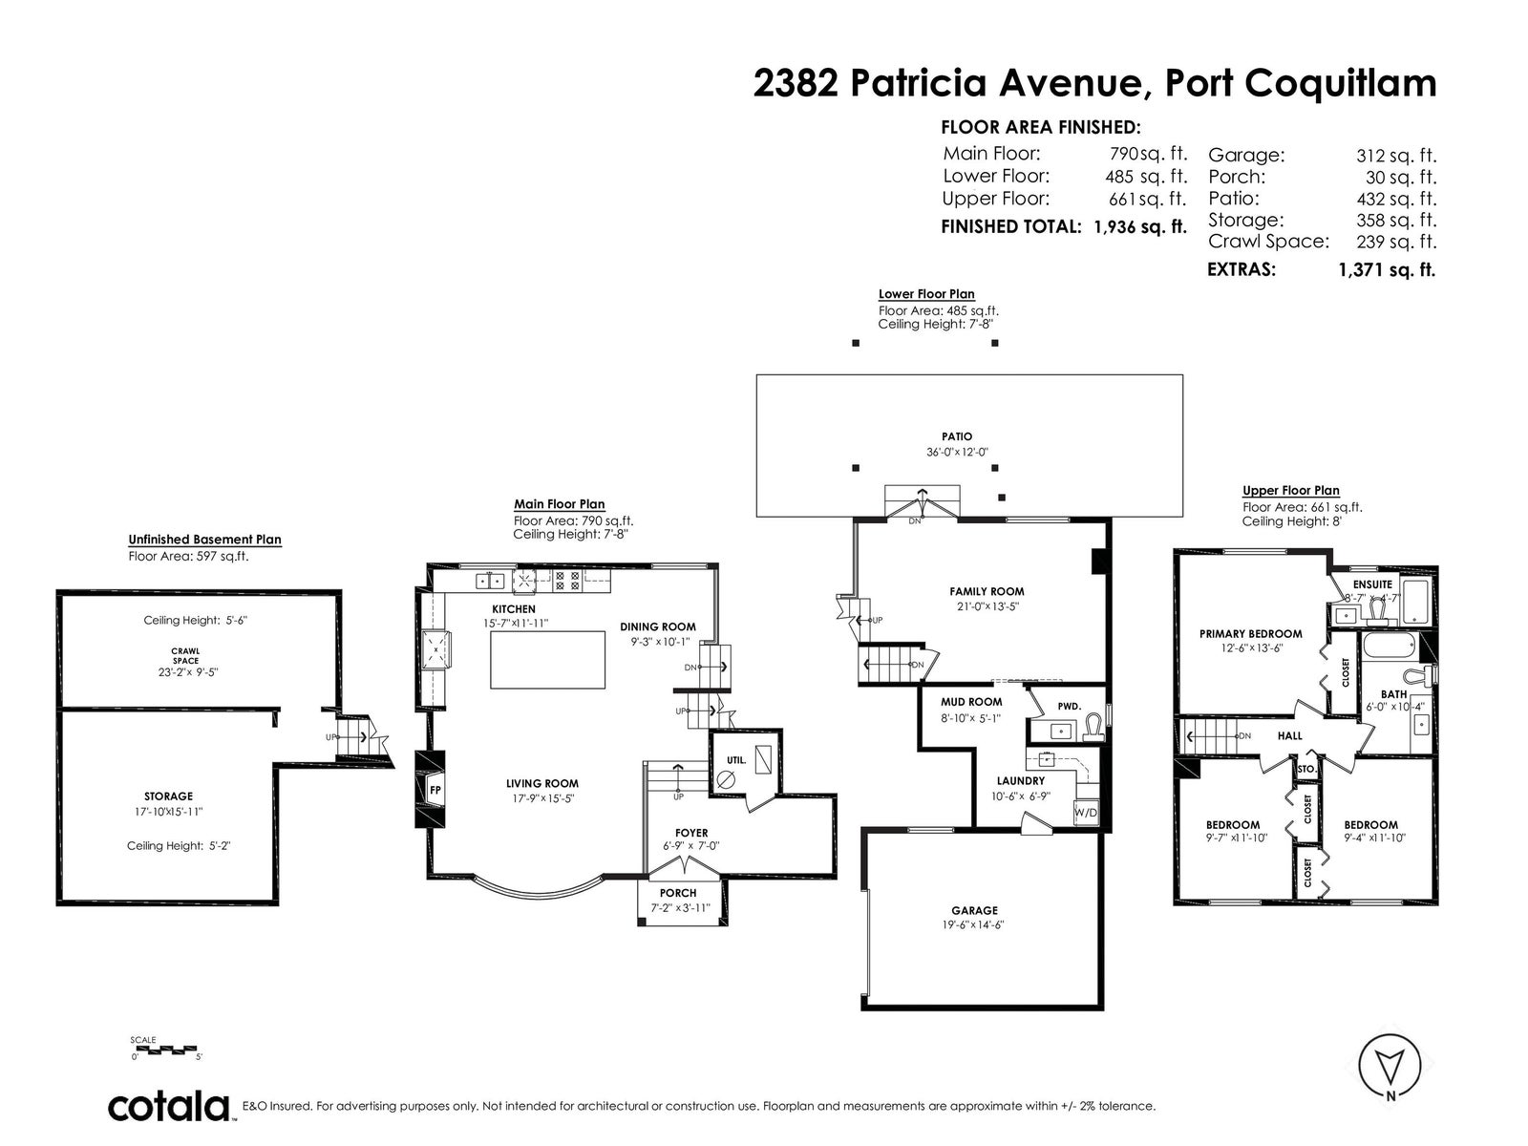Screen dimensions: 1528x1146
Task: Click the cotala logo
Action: coord(168,1106)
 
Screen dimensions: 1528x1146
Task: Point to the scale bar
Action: coord(164,1048)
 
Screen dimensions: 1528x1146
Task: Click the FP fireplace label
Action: coord(435,790)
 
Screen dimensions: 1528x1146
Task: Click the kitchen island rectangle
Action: coord(547,660)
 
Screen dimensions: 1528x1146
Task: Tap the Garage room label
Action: coord(974,910)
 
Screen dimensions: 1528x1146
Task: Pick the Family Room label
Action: coord(987,591)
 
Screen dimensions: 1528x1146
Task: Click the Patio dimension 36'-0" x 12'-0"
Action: coord(957,452)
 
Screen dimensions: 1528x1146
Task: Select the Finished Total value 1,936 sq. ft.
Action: coord(1139,227)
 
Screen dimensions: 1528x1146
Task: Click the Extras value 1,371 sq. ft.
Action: coord(1387,270)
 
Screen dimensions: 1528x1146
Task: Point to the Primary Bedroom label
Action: coord(1250,634)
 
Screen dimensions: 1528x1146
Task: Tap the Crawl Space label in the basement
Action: coord(185,656)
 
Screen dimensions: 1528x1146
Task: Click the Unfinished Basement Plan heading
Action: coord(204,540)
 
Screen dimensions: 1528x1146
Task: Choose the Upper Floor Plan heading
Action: coord(1290,491)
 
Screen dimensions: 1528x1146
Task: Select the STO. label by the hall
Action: coord(1306,769)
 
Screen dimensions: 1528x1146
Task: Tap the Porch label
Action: coord(677,893)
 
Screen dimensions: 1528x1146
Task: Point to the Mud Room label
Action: coord(971,702)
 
